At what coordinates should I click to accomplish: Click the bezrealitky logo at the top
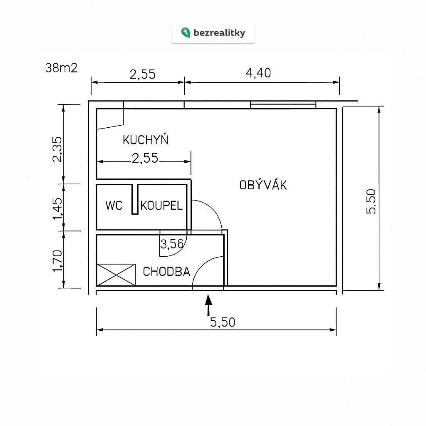[213, 33]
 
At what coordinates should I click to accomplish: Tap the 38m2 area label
[61, 68]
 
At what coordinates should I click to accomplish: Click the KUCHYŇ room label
[145, 140]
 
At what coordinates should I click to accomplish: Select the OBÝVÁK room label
[263, 185]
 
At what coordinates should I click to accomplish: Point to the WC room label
[114, 206]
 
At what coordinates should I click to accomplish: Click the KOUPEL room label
[161, 206]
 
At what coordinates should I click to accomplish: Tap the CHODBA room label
[166, 272]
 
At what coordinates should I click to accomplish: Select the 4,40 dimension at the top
[258, 73]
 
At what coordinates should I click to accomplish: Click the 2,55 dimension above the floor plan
[142, 74]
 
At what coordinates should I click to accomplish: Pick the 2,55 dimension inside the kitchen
[145, 158]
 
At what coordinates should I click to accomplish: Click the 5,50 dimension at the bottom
[223, 322]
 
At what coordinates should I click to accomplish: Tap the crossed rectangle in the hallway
[116, 275]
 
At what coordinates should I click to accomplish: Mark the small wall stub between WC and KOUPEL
[135, 200]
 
